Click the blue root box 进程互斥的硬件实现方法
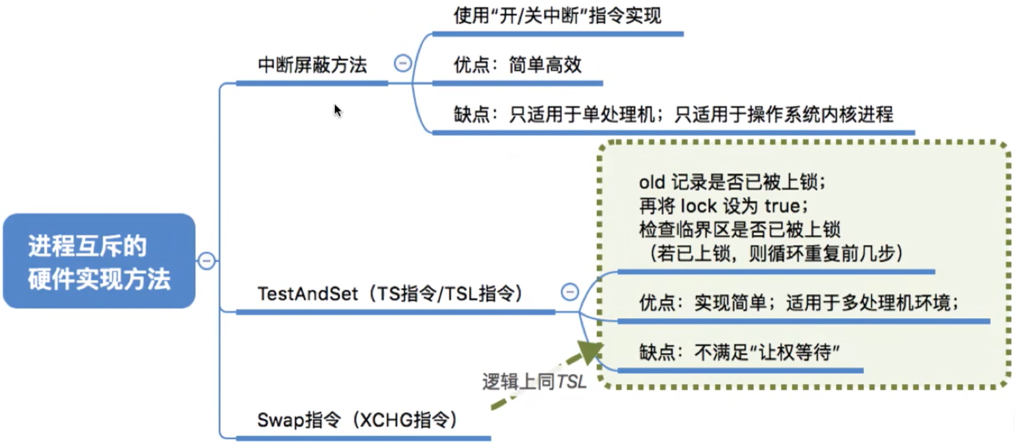pos(99,261)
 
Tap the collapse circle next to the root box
pos(207,261)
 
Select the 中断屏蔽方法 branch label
pos(312,65)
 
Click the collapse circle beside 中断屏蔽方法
pos(402,63)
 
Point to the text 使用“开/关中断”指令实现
pos(557,16)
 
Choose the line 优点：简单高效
pos(518,65)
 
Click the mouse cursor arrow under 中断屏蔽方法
pos(338,110)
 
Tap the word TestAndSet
pos(307,294)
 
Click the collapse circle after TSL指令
pos(570,292)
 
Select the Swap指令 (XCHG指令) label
pos(357,420)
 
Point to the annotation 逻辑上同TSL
pos(534,382)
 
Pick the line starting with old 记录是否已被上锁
pos(732,183)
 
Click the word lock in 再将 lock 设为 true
pos(699,206)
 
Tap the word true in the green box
pos(782,206)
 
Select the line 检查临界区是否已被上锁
pos(740,230)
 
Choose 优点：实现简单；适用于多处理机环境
pos(799,303)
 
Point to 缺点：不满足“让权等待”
pos(740,352)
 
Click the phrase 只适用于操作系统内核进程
pos(784,114)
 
